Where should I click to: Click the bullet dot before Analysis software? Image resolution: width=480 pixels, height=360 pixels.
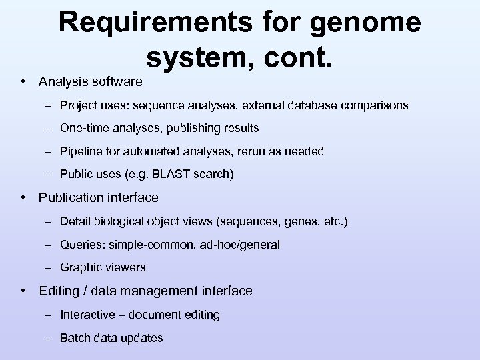click(x=23, y=82)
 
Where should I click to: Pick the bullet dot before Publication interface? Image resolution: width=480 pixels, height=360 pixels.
click(x=23, y=197)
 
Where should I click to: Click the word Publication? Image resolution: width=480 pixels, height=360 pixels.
click(x=71, y=197)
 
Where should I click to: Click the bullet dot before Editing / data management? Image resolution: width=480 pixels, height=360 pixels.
click(x=23, y=291)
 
